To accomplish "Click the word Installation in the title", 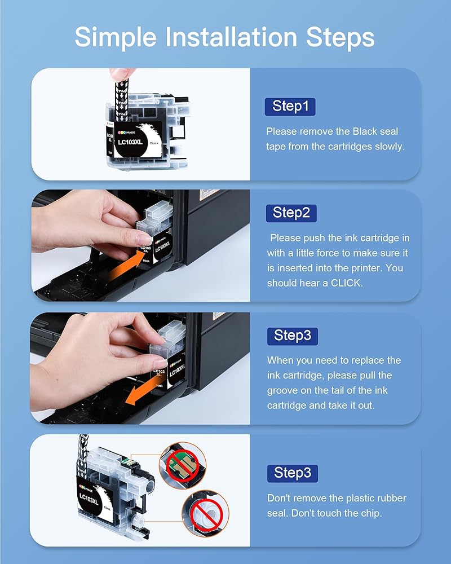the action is click(231, 37).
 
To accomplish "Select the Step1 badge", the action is click(290, 107).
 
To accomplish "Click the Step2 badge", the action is click(291, 213).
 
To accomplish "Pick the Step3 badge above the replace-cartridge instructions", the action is click(293, 336).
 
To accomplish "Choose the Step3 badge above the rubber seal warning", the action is click(293, 473).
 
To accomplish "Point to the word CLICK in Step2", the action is click(346, 283).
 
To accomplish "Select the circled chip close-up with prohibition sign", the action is click(183, 466).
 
